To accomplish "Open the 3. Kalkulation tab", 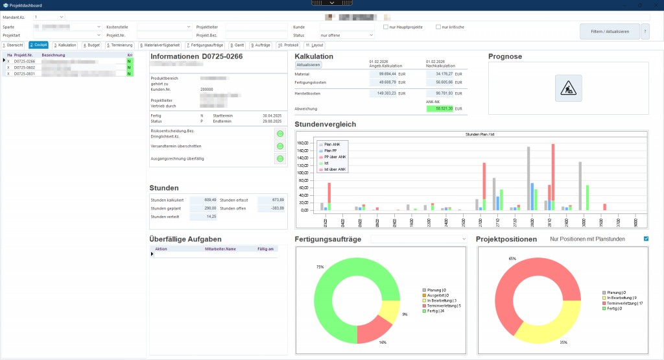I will tap(65, 45).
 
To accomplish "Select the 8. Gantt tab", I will tap(237, 45).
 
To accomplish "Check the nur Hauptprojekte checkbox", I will tap(386, 27).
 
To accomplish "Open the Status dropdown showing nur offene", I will tap(346, 35).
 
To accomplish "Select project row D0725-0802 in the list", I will tap(24, 67).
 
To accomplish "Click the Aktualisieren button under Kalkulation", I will tap(309, 66).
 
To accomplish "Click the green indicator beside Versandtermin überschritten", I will tap(280, 146).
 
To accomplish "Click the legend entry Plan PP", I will tap(331, 150).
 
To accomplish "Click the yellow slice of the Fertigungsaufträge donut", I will tap(390, 310).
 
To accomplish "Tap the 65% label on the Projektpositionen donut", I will tap(512, 259).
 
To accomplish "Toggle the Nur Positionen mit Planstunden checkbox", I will tap(645, 239).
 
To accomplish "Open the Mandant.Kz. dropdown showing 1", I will tap(49, 16).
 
